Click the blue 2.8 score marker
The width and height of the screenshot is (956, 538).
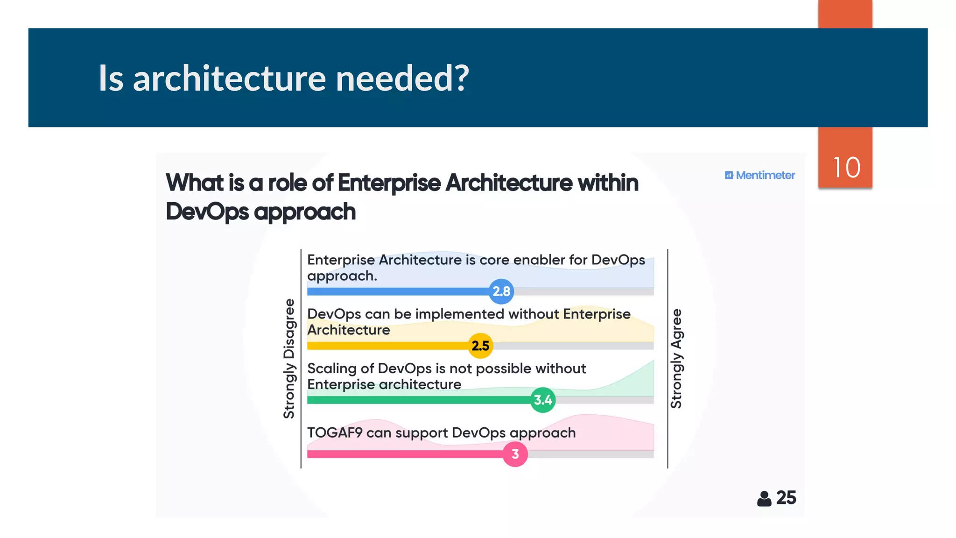(501, 291)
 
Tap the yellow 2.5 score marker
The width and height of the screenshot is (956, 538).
(480, 346)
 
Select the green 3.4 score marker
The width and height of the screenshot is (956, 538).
(543, 400)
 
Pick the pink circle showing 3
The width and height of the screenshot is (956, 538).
(515, 454)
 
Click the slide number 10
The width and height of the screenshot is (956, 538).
(846, 167)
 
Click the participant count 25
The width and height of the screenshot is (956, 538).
(786, 498)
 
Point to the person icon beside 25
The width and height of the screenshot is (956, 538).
(764, 499)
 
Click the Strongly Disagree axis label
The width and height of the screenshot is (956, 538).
(289, 359)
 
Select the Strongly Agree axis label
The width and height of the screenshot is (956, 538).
(676, 359)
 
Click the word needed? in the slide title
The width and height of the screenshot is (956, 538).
(402, 78)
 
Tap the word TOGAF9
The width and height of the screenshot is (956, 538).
(334, 432)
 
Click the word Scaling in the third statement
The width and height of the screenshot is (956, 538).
(331, 368)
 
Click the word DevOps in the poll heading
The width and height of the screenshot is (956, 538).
(207, 212)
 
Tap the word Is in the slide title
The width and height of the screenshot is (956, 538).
(111, 78)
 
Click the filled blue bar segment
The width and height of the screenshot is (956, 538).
(397, 291)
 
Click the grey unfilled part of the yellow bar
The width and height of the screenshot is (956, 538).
(574, 346)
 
